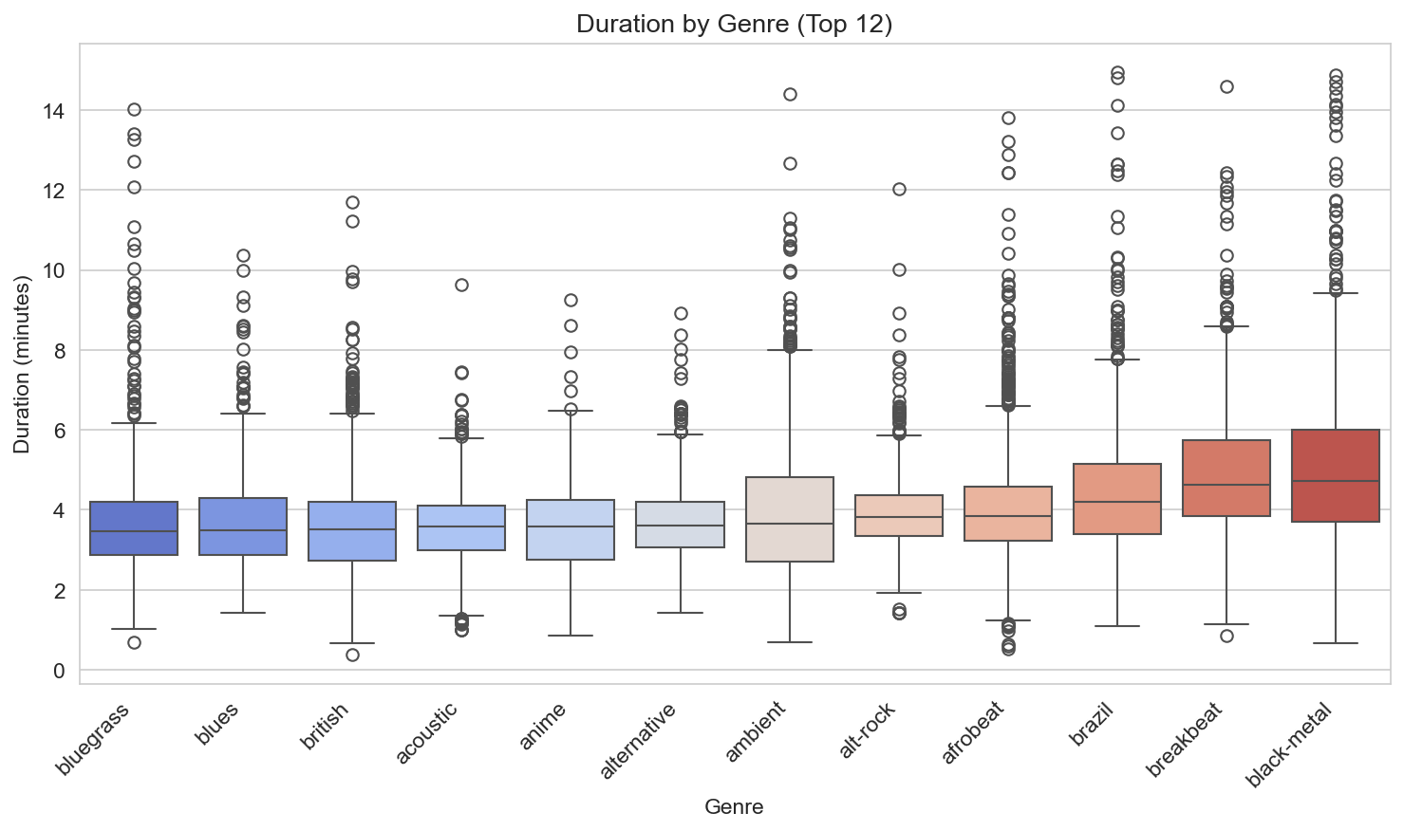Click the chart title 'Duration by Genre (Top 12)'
(734, 24)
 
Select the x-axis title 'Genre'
(734, 807)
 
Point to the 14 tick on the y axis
(53, 111)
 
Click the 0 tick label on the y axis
(59, 671)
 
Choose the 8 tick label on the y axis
(59, 351)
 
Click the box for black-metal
(1336, 475)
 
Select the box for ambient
(790, 519)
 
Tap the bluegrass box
(134, 527)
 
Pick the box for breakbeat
(1226, 478)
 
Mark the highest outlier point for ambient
(790, 94)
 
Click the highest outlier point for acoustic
(461, 285)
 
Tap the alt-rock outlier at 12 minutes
(899, 189)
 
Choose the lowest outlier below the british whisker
(352, 655)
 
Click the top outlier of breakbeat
(1226, 86)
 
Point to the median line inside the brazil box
(1117, 502)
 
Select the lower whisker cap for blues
(243, 613)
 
